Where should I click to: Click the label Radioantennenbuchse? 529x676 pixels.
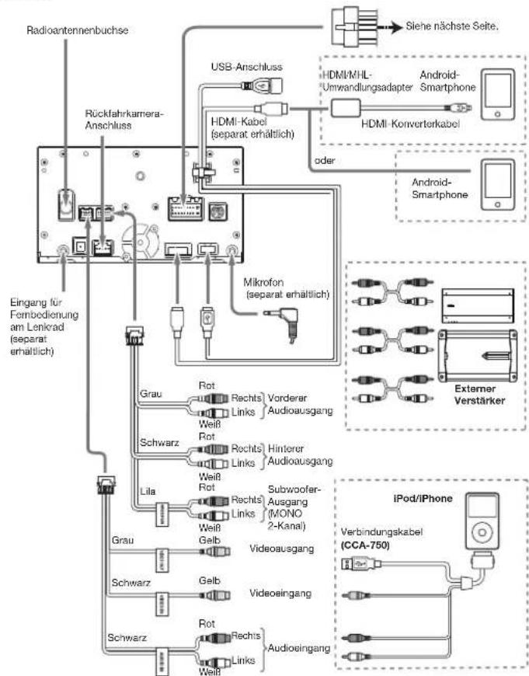77,30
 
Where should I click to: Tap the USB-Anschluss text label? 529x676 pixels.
246,67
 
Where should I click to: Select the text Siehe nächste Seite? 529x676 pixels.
452,26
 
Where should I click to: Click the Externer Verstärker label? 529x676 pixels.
479,395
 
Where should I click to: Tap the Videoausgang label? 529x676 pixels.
281,549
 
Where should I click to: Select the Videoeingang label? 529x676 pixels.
280,593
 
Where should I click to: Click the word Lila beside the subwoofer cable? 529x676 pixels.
148,492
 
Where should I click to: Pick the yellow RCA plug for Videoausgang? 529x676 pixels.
214,552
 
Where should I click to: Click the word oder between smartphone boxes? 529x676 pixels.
325,160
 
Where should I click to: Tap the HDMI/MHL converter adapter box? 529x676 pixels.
346,108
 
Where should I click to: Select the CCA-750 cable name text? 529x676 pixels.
365,545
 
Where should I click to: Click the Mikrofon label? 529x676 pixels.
263,283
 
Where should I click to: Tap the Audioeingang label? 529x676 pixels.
299,647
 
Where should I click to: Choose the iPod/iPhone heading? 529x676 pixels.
423,499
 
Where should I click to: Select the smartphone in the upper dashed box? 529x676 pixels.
498,95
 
